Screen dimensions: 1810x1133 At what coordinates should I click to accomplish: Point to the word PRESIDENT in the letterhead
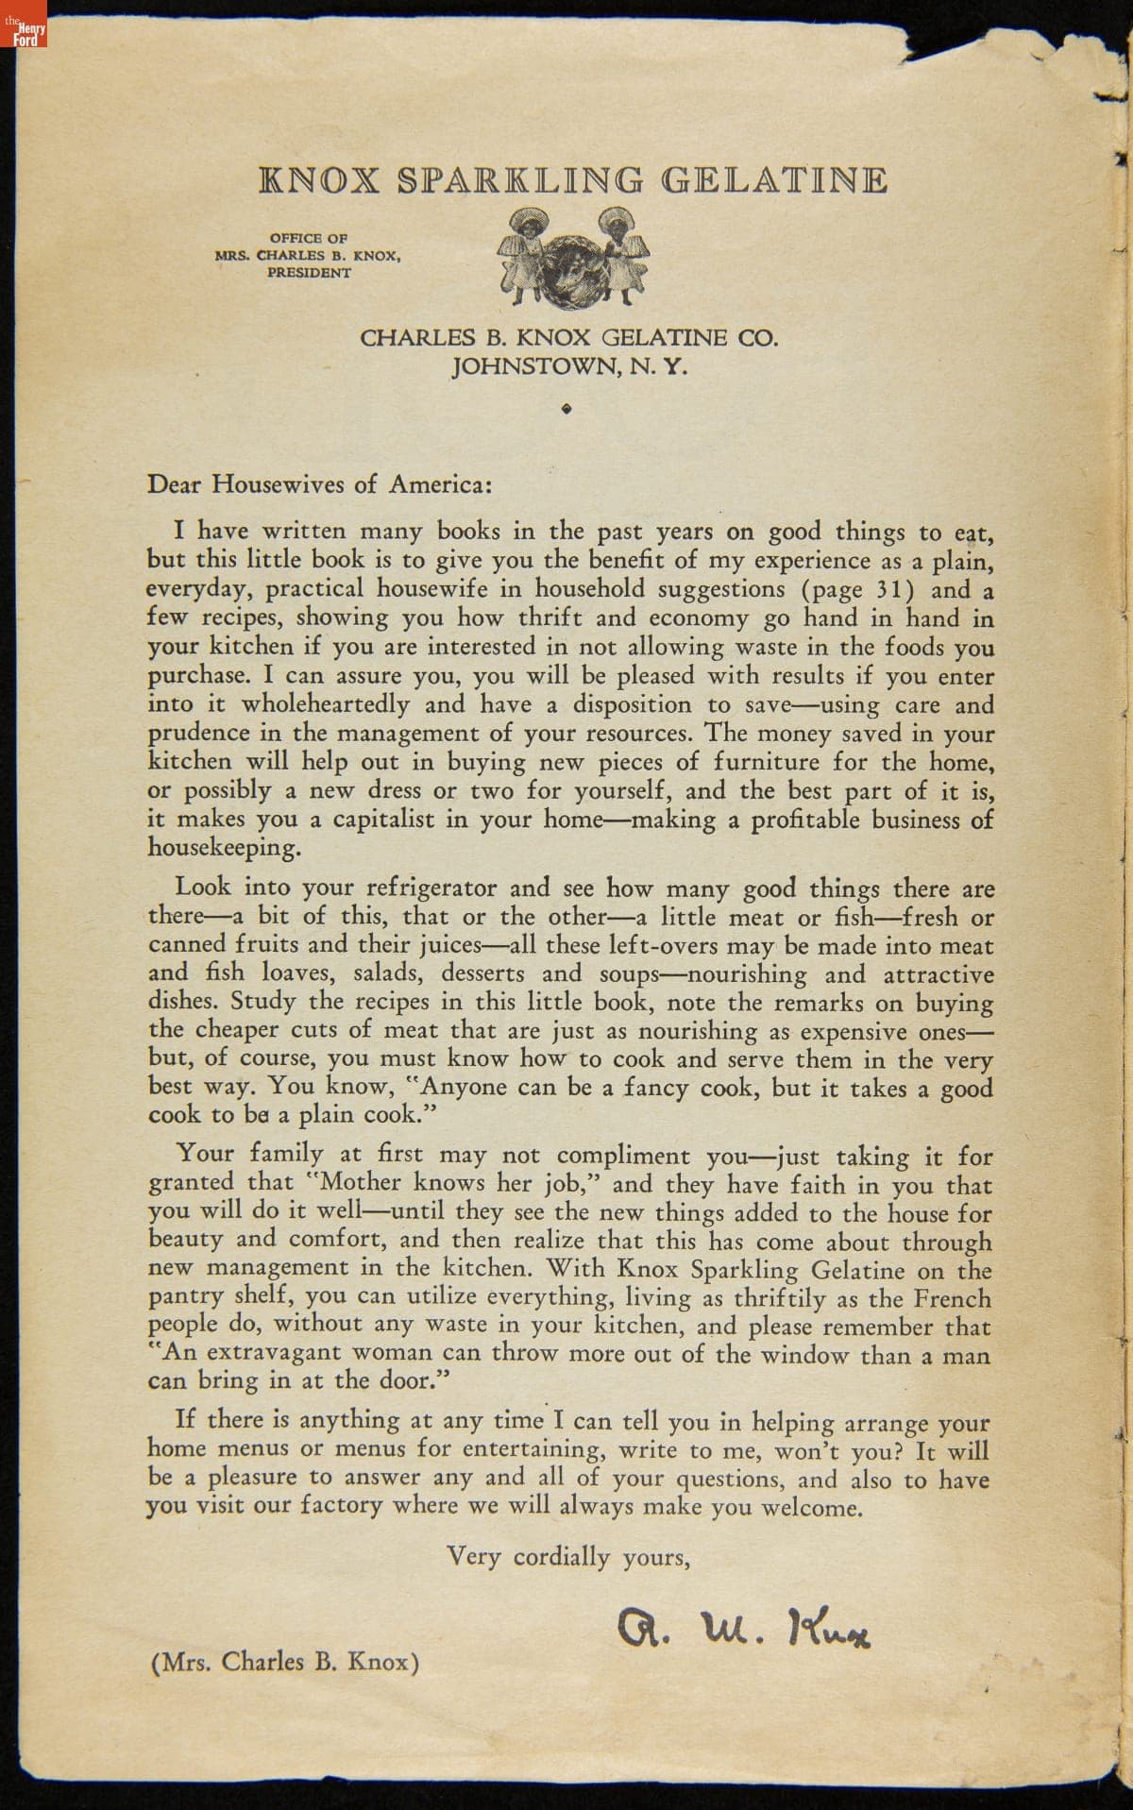309,273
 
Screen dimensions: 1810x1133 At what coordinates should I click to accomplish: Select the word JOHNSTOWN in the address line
533,365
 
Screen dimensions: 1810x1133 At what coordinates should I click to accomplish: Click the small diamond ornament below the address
566,409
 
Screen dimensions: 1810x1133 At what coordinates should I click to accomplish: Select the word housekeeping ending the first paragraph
224,847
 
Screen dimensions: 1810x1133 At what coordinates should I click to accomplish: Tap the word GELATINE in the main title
774,180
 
